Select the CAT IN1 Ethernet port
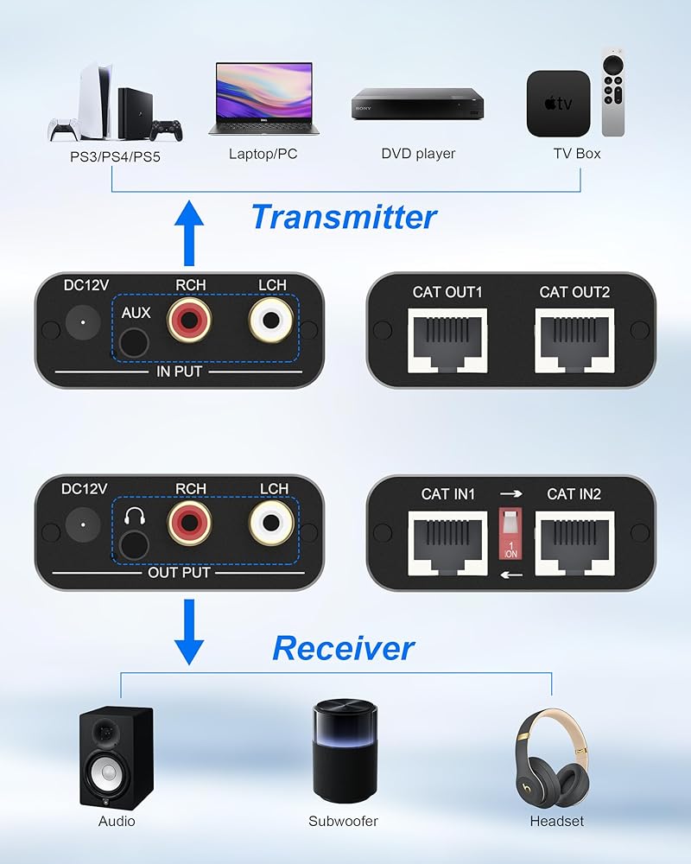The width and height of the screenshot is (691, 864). tap(447, 540)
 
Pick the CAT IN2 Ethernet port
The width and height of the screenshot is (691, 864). tap(574, 540)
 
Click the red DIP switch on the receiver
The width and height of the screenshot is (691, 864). tap(510, 537)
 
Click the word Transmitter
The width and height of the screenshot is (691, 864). tap(344, 216)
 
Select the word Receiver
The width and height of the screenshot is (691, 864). tap(344, 647)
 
